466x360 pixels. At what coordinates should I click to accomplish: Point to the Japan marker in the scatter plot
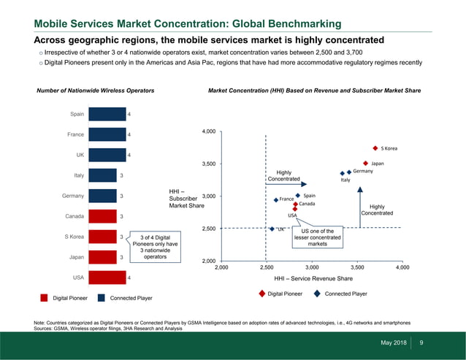(x=365, y=164)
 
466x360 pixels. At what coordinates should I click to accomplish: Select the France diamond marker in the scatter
(x=275, y=199)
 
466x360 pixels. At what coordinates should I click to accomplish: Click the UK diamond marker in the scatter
(x=272, y=229)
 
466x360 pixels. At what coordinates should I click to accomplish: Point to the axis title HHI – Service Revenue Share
(x=313, y=279)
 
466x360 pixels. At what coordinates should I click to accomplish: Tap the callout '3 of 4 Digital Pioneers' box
(x=156, y=247)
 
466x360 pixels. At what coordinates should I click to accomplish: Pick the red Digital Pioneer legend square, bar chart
(x=45, y=298)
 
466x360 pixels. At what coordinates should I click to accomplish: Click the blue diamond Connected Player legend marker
(x=317, y=294)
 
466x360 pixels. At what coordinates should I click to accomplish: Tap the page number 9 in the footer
(x=421, y=343)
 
